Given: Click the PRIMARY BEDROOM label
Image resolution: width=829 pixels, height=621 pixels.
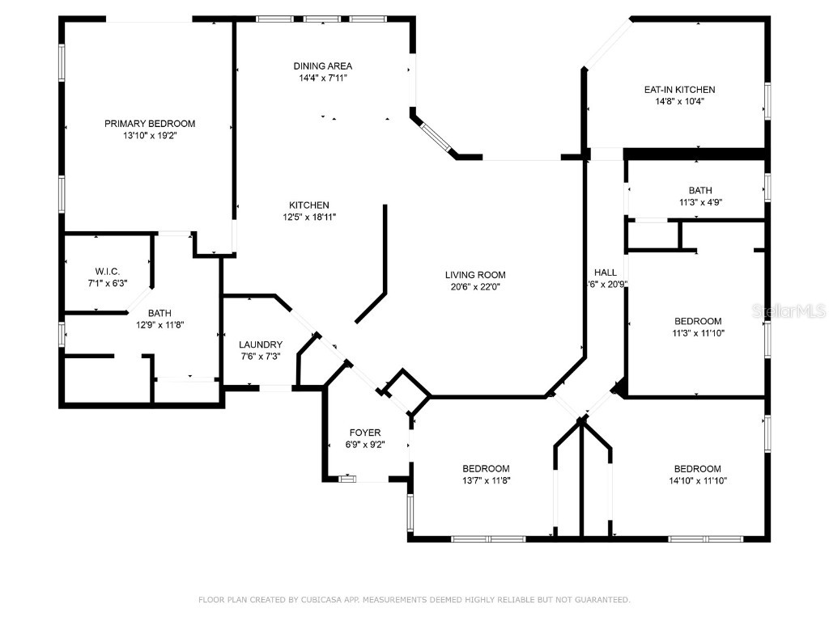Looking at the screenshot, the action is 150,124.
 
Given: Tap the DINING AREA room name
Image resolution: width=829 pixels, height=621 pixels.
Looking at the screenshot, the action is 322,66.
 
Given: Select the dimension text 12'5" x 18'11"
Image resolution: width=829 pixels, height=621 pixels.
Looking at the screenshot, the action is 309,217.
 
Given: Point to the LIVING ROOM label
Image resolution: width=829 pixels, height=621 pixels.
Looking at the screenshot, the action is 475,275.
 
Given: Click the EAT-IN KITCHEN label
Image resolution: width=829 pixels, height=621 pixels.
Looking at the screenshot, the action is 679,90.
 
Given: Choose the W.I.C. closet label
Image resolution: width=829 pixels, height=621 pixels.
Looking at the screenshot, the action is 108,272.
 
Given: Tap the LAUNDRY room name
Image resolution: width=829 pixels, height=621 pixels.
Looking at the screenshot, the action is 261,344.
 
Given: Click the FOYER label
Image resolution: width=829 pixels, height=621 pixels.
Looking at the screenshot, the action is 365,433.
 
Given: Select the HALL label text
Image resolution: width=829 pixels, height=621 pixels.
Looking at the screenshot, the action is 606,272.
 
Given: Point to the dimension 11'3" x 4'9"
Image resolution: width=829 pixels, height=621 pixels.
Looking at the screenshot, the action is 700,202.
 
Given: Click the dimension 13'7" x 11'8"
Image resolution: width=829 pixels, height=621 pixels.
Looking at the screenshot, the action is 486,480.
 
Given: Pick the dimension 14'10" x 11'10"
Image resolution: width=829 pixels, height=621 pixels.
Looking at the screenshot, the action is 698,480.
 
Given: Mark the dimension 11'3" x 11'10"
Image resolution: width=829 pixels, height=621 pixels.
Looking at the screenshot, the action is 698,333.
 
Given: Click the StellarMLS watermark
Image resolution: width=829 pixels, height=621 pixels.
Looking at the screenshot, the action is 789,310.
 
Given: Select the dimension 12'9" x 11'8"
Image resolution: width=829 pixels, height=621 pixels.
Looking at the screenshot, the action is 159,325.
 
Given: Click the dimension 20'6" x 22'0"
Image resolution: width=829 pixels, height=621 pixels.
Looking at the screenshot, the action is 475,287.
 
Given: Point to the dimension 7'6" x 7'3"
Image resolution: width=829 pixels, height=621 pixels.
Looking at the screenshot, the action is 261,357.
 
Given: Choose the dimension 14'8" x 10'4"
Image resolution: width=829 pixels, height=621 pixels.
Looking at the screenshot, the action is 679,101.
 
